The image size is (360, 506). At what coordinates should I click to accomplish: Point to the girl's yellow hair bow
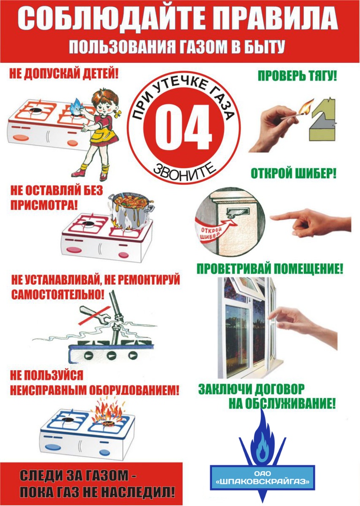[117, 113]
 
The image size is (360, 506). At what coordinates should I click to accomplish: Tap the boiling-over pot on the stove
[131, 211]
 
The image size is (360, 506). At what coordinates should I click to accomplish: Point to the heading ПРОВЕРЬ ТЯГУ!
[297, 76]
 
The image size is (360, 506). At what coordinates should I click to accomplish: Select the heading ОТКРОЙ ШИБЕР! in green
[293, 174]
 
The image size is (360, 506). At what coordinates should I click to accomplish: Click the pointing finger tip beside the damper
[272, 217]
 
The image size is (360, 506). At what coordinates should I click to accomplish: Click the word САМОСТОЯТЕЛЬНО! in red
[58, 294]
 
